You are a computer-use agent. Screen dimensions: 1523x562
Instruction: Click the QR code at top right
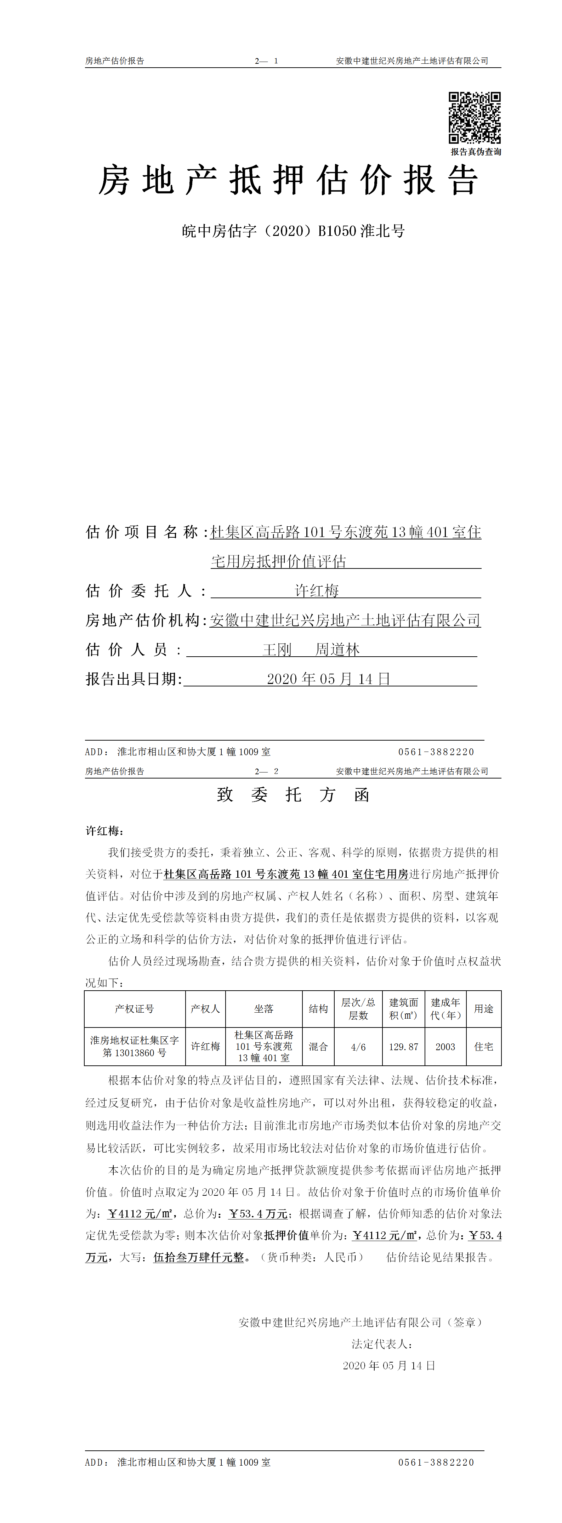click(x=475, y=118)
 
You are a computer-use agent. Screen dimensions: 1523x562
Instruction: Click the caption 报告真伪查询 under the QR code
click(x=476, y=152)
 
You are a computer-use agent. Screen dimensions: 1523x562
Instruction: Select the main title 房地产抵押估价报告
click(x=288, y=180)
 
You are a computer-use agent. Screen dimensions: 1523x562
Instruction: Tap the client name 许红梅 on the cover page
click(x=317, y=591)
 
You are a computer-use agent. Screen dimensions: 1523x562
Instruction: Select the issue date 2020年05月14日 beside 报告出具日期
click(x=329, y=679)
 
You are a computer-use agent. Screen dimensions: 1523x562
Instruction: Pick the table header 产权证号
click(x=134, y=1009)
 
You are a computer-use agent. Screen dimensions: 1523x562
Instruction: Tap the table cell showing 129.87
click(x=404, y=1047)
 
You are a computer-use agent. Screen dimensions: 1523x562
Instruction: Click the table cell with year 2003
click(x=445, y=1047)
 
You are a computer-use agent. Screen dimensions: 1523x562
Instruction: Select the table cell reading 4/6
click(x=358, y=1047)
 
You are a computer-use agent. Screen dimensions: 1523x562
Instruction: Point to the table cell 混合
click(x=318, y=1047)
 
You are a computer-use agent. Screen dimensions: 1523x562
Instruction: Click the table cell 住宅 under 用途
click(x=483, y=1047)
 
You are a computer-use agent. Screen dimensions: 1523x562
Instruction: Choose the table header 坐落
click(x=263, y=1009)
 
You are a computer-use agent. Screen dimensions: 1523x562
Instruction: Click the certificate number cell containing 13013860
click(x=134, y=1047)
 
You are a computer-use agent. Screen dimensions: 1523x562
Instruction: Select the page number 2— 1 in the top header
click(x=267, y=61)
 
